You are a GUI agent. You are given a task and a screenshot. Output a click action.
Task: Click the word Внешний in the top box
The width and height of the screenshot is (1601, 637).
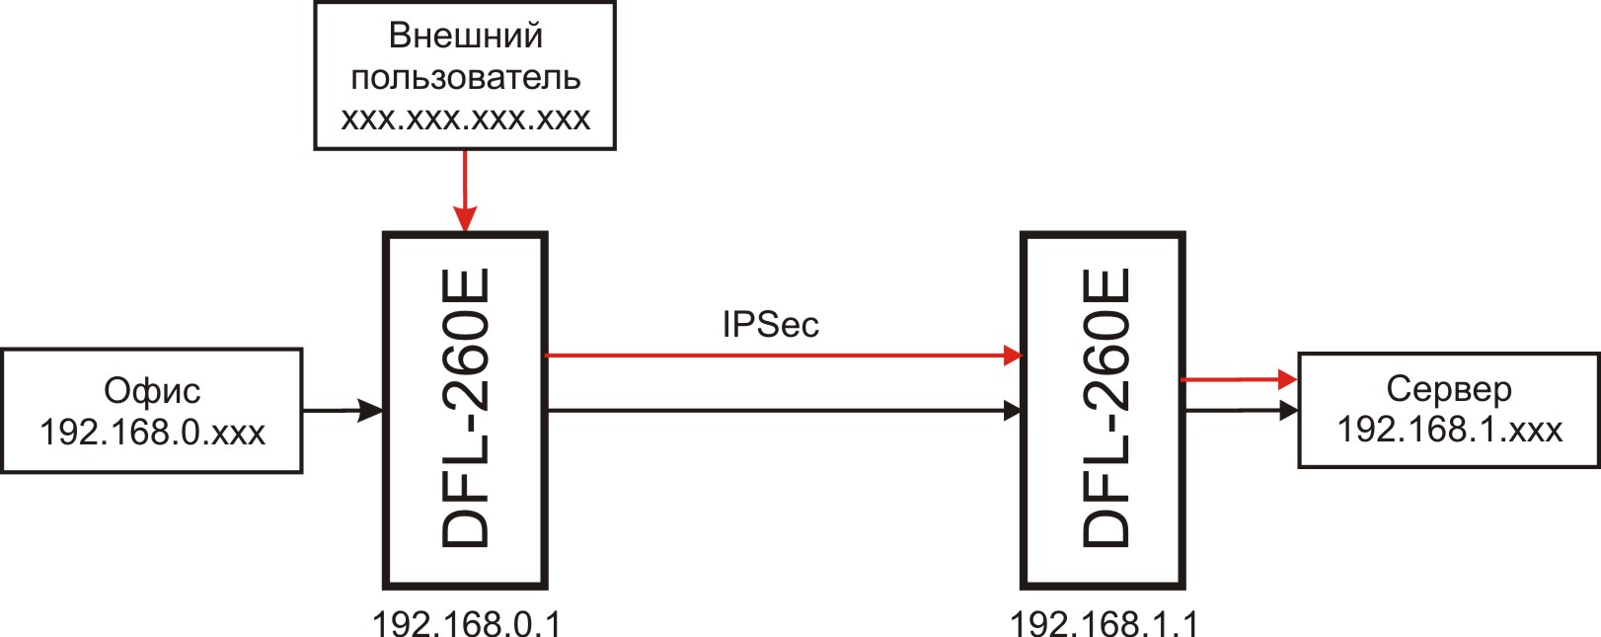click(x=465, y=35)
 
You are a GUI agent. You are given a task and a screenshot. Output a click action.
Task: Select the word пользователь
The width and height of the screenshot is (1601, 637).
click(x=465, y=77)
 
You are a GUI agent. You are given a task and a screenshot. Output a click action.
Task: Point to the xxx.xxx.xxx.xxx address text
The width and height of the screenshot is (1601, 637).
click(x=465, y=119)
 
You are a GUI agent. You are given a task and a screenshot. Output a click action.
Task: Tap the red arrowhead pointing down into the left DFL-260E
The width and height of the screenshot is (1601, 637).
click(x=465, y=219)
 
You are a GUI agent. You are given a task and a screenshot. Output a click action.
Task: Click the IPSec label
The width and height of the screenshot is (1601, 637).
click(x=771, y=325)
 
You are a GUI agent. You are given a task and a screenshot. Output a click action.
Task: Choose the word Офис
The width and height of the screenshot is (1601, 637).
click(x=152, y=391)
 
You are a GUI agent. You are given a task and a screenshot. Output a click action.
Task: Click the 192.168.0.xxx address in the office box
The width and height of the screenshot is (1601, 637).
click(x=152, y=432)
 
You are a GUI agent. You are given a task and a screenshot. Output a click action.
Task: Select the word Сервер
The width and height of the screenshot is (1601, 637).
click(x=1449, y=390)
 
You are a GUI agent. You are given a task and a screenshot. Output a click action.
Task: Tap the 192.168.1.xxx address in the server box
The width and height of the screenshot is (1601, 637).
click(x=1449, y=430)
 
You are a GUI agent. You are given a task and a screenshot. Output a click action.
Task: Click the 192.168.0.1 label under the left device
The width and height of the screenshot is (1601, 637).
click(x=466, y=623)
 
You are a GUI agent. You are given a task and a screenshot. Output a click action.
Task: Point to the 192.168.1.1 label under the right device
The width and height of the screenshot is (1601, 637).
click(x=1104, y=623)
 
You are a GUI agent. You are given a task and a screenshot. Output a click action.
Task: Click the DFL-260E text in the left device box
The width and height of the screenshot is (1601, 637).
click(x=465, y=408)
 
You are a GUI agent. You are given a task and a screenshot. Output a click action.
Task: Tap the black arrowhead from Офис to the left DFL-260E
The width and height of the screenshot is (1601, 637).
click(x=371, y=411)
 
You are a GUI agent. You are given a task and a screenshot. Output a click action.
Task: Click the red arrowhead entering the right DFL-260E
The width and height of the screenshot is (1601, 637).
click(x=1013, y=355)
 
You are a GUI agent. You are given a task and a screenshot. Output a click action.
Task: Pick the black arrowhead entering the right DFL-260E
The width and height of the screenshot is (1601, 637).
click(x=1013, y=411)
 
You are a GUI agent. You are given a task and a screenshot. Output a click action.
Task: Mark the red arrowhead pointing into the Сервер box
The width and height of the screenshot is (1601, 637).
click(x=1288, y=379)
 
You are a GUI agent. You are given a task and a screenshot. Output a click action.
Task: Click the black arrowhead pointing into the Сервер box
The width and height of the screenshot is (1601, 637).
click(x=1288, y=411)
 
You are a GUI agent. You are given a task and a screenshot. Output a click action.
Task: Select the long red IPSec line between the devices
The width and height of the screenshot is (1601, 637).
click(x=784, y=355)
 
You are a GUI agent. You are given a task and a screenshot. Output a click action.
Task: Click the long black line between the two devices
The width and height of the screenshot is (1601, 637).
click(x=784, y=411)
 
